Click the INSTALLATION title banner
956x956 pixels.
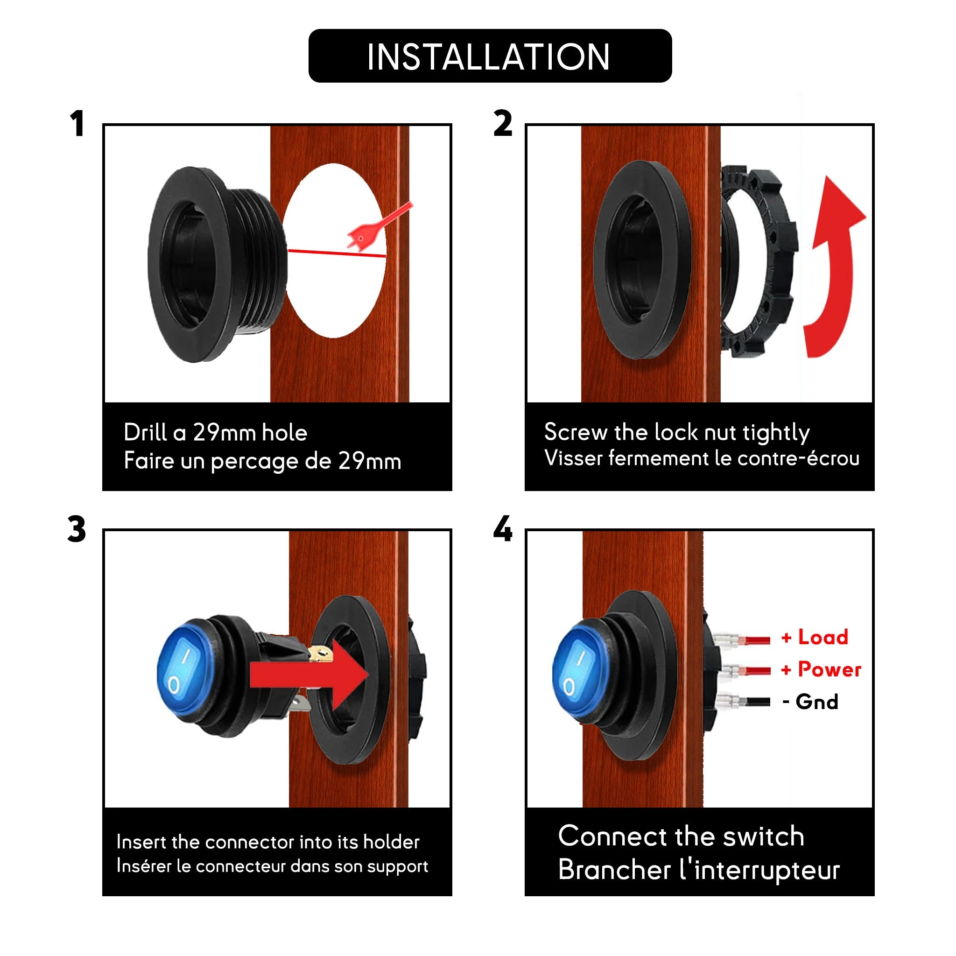(490, 56)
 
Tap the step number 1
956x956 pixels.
(77, 124)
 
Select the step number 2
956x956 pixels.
(503, 124)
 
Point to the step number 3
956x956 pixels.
(77, 529)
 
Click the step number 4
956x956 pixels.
(503, 529)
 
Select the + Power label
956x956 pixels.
(822, 669)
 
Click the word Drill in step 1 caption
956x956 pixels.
(145, 432)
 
